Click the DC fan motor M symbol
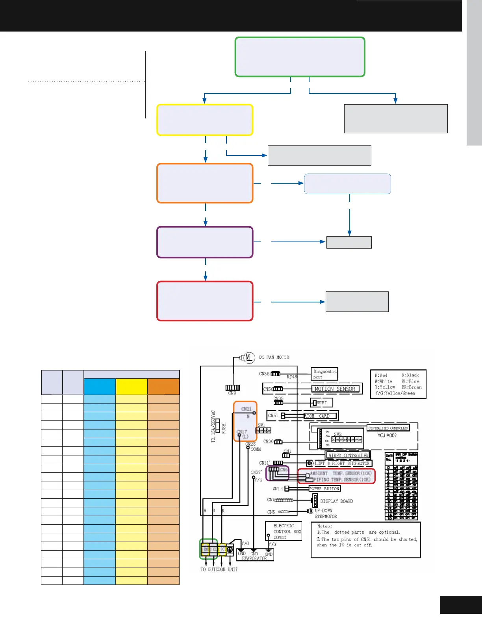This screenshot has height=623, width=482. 248,357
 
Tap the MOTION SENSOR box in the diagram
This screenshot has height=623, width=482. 335,389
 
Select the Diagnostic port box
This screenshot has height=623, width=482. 324,374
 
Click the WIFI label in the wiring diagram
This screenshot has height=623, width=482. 322,403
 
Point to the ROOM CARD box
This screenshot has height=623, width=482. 321,416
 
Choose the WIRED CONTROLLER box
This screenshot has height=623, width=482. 348,455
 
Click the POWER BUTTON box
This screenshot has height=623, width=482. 324,488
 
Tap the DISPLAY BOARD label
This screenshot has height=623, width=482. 336,501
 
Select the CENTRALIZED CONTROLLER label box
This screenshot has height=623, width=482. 388,428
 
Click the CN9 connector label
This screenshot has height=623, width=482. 232,393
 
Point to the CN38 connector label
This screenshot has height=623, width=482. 264,374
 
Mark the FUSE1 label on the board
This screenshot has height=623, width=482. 224,428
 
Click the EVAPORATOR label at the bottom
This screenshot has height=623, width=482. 254,558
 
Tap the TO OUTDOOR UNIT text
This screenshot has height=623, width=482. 219,570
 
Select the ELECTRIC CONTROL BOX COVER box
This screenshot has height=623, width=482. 287,531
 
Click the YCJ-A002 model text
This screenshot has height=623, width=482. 387,435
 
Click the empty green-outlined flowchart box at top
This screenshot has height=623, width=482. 300,57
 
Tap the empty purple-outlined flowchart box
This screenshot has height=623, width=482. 205,242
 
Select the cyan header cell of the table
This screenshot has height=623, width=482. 100,387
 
